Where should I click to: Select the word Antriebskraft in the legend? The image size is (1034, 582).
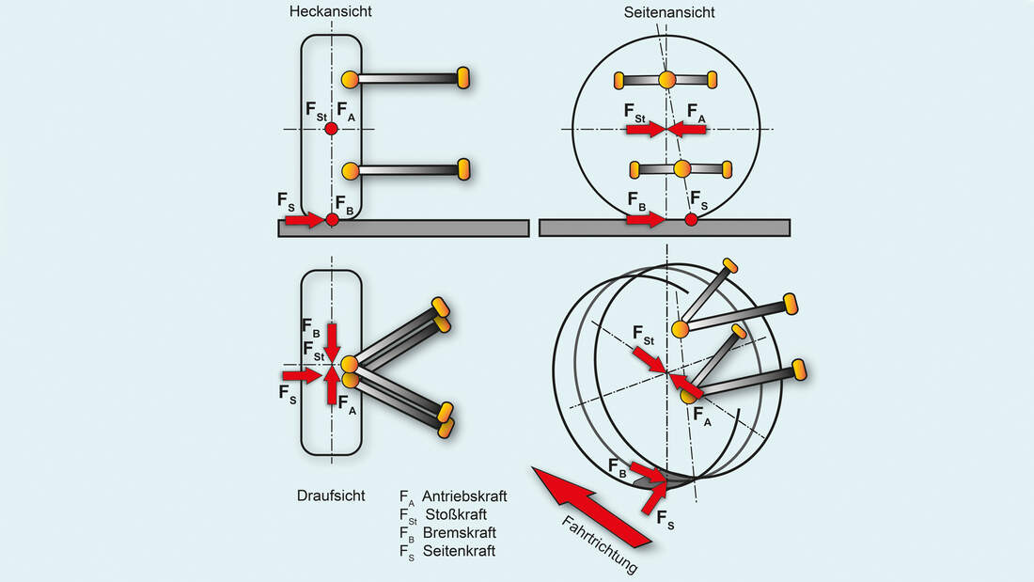[464, 495]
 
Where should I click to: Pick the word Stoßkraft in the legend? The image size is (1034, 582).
[457, 514]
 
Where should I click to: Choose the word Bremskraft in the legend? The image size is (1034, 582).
[458, 532]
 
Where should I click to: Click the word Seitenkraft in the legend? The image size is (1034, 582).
[459, 551]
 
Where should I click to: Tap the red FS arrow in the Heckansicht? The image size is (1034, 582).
[303, 220]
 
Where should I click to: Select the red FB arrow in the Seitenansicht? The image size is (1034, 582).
[645, 220]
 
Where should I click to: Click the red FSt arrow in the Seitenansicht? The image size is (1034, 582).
[645, 129]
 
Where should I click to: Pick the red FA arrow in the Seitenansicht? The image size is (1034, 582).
[688, 129]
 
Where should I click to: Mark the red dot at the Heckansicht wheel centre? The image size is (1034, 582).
[331, 129]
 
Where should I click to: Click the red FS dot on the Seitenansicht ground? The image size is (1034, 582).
[691, 220]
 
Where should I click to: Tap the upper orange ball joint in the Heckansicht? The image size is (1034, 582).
[351, 79]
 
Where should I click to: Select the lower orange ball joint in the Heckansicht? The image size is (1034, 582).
[351, 171]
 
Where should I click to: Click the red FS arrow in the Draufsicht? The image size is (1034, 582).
[302, 375]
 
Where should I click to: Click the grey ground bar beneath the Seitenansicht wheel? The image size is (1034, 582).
[752, 228]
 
